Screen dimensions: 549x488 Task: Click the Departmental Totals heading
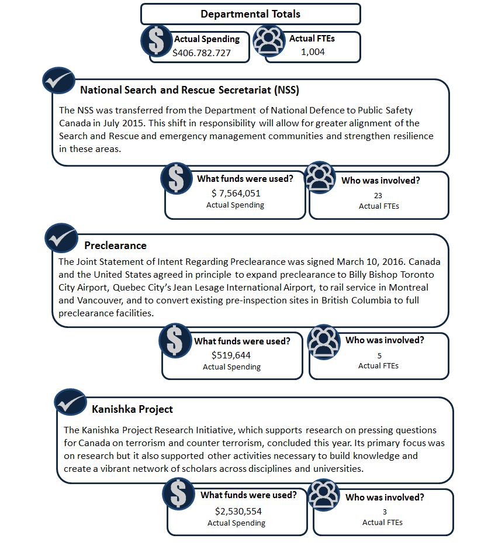250,14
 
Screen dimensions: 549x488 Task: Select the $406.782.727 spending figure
202,53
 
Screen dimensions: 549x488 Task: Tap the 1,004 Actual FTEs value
313,51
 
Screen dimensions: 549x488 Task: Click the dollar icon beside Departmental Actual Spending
156,40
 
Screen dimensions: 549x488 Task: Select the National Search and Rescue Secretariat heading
189,90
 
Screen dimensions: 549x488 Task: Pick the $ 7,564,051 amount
236,194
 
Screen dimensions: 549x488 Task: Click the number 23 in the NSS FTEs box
378,196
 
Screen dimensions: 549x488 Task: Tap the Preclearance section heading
115,245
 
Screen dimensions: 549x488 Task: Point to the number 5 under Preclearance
379,355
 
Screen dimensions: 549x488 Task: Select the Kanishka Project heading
132,409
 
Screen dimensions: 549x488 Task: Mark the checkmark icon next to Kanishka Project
71,402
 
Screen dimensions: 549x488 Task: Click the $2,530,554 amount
238,511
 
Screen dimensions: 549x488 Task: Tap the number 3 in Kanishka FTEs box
385,512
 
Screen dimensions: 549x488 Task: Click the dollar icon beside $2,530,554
178,494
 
